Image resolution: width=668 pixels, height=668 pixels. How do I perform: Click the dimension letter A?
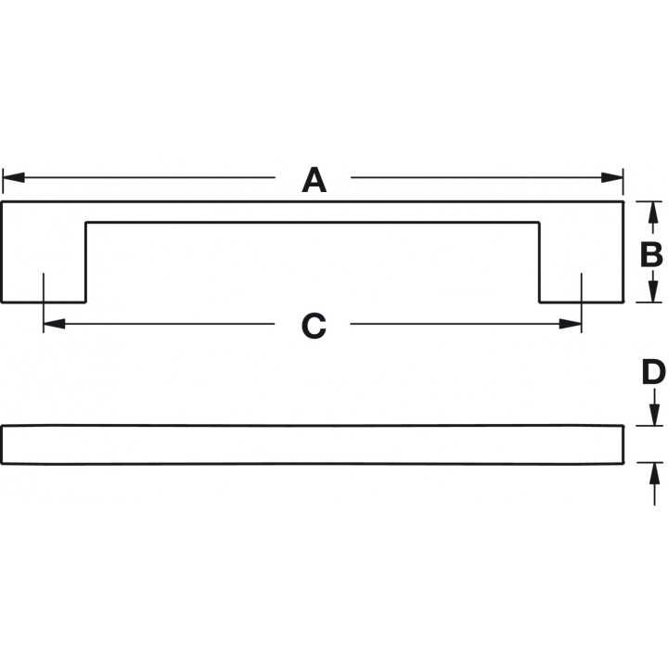click(x=314, y=180)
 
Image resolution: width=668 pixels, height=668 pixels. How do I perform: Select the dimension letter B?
click(x=651, y=254)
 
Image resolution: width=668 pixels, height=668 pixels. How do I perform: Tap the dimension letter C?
click(x=314, y=326)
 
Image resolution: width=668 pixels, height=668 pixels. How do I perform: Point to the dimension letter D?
click(x=653, y=372)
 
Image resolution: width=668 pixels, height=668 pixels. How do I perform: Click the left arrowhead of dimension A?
click(x=13, y=177)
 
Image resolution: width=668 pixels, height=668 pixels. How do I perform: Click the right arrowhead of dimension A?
click(x=612, y=177)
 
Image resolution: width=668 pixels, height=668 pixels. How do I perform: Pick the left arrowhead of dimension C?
click(x=54, y=324)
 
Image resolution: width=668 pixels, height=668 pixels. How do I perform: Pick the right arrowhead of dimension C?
click(x=571, y=324)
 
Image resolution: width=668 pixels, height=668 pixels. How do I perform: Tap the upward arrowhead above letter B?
click(x=651, y=212)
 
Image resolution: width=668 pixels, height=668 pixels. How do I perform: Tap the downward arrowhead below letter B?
click(x=651, y=292)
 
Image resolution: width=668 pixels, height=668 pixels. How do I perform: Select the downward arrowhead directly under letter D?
click(x=654, y=415)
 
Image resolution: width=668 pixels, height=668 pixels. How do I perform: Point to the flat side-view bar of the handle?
click(x=313, y=444)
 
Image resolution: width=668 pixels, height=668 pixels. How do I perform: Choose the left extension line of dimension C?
click(x=44, y=302)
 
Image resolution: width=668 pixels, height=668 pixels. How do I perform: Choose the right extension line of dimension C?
click(x=582, y=302)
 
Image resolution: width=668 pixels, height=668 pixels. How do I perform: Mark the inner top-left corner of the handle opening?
click(x=86, y=223)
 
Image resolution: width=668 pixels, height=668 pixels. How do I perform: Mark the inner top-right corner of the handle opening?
click(x=539, y=223)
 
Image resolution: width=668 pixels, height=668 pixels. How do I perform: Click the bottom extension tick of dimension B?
click(x=649, y=302)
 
